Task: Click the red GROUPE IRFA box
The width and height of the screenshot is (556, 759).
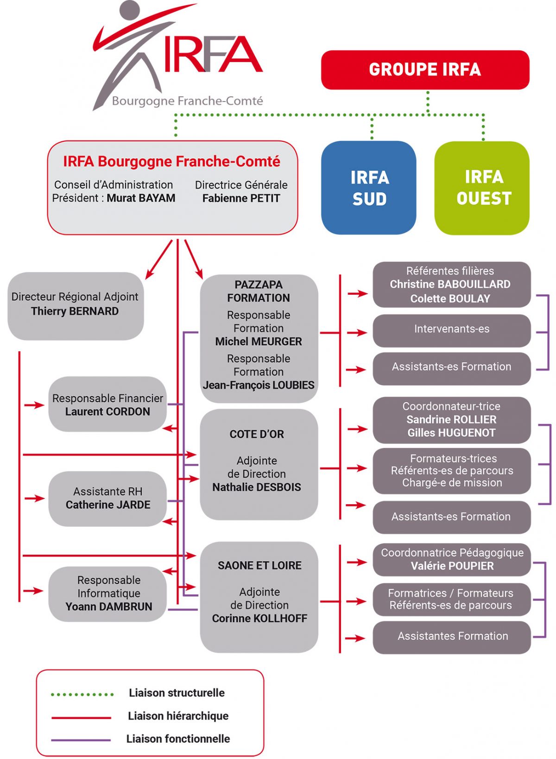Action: [x=425, y=70]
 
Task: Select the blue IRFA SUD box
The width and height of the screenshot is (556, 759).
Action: [x=369, y=188]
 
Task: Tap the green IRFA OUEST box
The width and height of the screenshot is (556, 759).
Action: [x=482, y=188]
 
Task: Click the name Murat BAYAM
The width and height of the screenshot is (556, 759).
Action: [x=141, y=198]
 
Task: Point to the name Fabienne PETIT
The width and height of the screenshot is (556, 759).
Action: [x=241, y=198]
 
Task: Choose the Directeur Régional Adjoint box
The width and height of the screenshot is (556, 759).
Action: [x=75, y=305]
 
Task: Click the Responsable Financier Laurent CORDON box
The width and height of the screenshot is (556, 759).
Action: [x=107, y=405]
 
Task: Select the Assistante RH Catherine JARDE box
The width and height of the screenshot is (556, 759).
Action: [x=107, y=499]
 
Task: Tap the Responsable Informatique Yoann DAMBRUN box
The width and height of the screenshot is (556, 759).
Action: [x=108, y=594]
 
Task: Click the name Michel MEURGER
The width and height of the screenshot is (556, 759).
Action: [x=259, y=342]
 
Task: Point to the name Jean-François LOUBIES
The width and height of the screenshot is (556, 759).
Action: [x=259, y=386]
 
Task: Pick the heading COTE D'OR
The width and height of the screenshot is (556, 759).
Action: [x=257, y=435]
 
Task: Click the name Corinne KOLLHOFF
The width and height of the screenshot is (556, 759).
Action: [x=259, y=619]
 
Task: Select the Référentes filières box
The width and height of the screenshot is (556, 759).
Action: [x=451, y=285]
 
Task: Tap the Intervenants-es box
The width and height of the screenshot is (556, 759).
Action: [x=451, y=329]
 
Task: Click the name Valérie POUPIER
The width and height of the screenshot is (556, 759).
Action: [x=452, y=566]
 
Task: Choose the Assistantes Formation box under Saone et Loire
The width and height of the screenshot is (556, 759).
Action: [x=452, y=637]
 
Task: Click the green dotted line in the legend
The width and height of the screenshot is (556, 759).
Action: [x=82, y=694]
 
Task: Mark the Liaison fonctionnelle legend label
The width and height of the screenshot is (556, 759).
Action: [x=178, y=739]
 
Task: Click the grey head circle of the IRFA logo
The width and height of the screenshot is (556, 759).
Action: [x=129, y=10]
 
